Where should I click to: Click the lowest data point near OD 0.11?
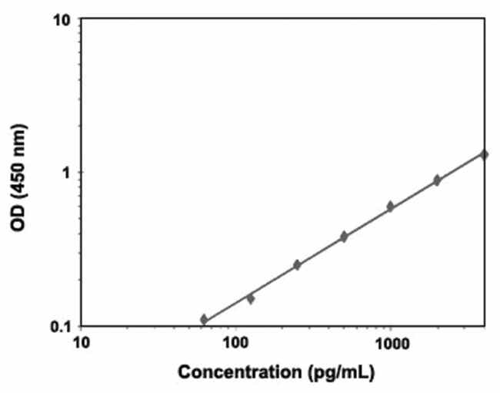click(204, 319)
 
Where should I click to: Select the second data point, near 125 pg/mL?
click(250, 298)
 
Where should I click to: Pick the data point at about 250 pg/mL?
click(297, 265)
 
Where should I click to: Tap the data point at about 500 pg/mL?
click(344, 237)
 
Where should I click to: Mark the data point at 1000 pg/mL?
click(390, 207)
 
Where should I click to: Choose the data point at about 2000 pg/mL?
click(437, 180)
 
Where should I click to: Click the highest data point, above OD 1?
click(484, 154)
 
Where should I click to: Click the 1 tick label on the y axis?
click(66, 172)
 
